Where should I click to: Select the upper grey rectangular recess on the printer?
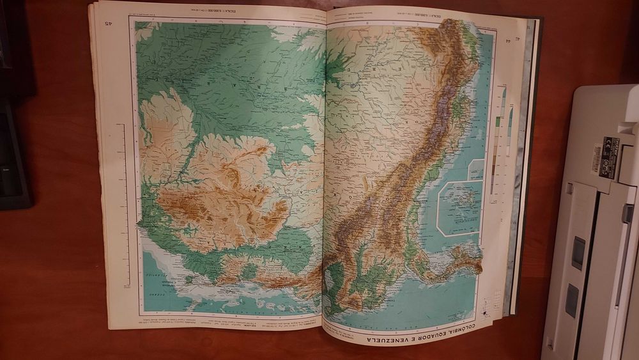pos(578,253)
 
